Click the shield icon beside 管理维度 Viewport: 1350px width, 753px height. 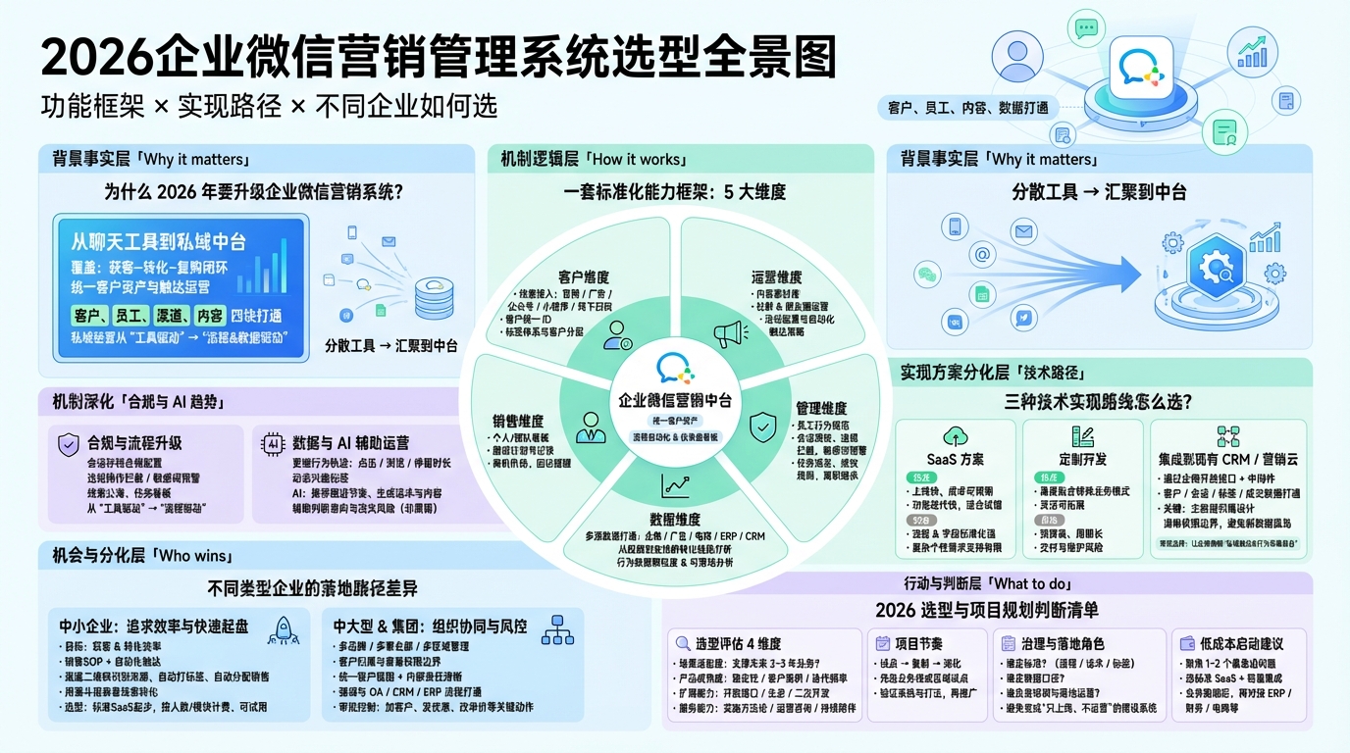point(762,427)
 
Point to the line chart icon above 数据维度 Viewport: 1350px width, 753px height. point(676,482)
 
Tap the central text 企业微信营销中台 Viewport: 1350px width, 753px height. point(676,400)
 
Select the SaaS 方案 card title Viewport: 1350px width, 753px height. point(955,459)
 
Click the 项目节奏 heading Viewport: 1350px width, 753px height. point(919,643)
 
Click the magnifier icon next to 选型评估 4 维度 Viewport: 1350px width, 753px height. point(682,643)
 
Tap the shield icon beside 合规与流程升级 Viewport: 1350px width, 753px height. point(68,443)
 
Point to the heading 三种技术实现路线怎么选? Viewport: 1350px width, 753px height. point(1098,401)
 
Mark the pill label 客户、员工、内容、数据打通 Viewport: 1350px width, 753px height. point(966,108)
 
